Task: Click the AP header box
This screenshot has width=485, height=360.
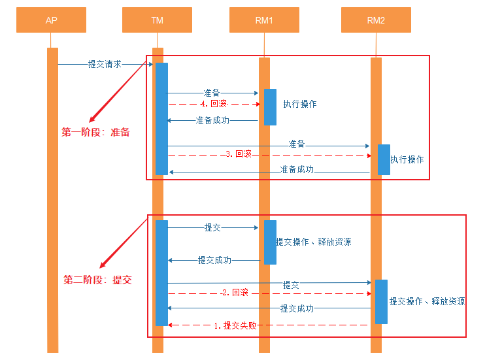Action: tap(52, 20)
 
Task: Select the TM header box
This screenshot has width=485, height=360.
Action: tap(157, 20)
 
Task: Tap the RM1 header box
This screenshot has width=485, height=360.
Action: tap(264, 20)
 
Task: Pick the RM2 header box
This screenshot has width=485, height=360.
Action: tap(376, 20)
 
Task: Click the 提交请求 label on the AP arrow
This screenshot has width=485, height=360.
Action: tap(105, 64)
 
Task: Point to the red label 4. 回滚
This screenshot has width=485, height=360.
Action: tap(214, 103)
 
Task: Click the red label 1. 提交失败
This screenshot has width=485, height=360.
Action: tap(235, 325)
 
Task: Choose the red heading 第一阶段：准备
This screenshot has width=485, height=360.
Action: tap(96, 132)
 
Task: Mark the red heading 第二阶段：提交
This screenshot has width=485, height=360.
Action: tap(97, 280)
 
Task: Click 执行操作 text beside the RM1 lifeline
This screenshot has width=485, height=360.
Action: tap(300, 104)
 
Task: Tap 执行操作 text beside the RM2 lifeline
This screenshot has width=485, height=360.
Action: tap(407, 159)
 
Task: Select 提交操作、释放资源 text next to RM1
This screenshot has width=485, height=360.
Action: tap(313, 242)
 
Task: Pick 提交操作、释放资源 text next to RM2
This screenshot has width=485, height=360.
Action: tap(427, 301)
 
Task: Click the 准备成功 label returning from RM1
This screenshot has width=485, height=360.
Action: tap(212, 120)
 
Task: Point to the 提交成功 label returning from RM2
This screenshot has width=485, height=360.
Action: tap(297, 308)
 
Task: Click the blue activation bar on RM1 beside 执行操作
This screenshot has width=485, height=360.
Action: tap(270, 106)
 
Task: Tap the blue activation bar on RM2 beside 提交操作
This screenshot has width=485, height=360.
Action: tap(381, 301)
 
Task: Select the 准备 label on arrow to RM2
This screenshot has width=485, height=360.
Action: tap(297, 144)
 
